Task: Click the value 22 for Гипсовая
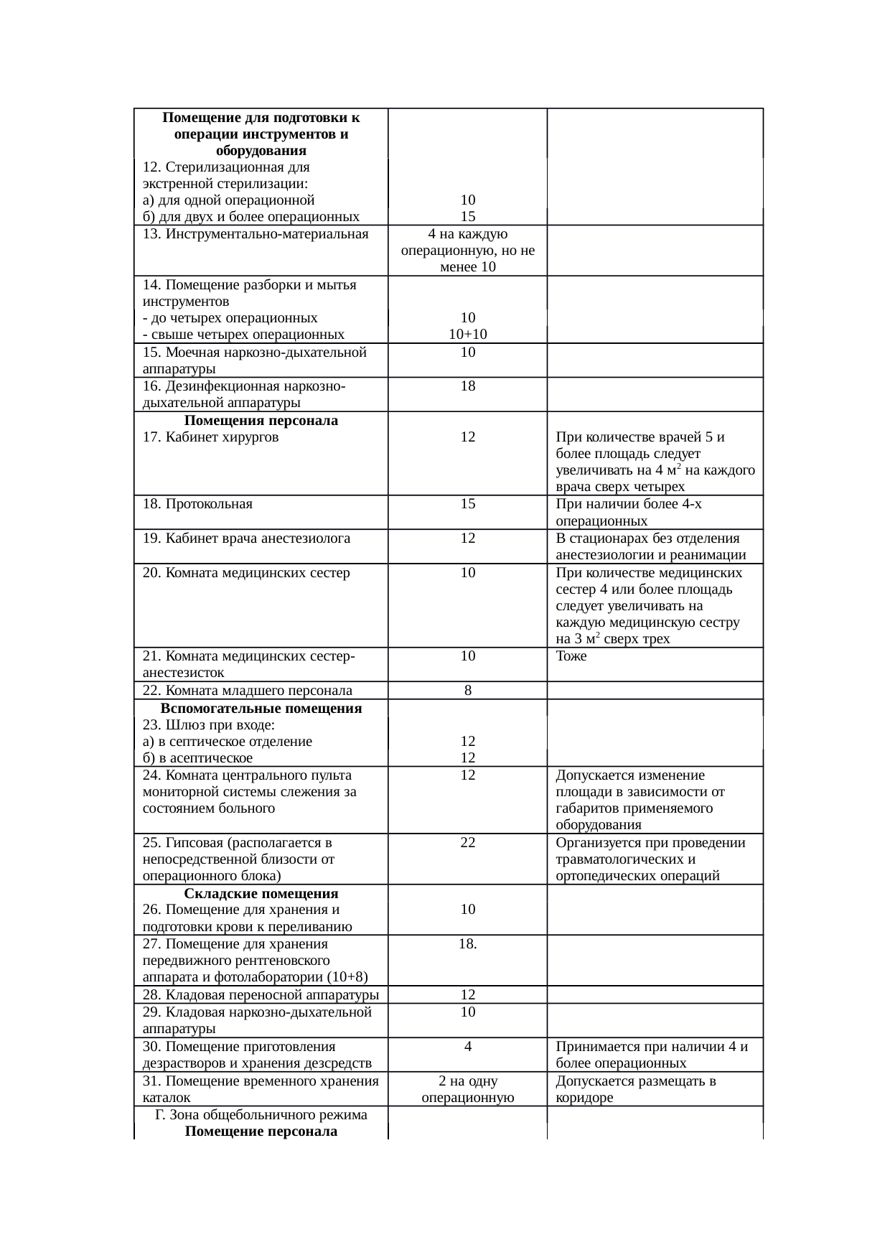click(x=467, y=842)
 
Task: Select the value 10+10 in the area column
click(x=467, y=334)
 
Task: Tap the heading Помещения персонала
click(x=261, y=420)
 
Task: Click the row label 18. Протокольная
click(x=197, y=504)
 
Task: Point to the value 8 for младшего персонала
click(x=467, y=691)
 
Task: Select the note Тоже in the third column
click(x=571, y=656)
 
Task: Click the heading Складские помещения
click(x=261, y=894)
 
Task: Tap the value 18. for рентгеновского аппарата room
click(x=467, y=944)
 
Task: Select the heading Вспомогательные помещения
click(x=261, y=709)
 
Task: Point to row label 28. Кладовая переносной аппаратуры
click(x=261, y=995)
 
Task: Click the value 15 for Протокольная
click(x=467, y=504)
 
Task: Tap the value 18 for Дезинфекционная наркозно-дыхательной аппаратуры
click(x=467, y=386)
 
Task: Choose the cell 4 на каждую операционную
click(x=467, y=251)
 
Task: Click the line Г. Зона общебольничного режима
click(x=261, y=1115)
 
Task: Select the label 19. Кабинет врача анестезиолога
click(x=246, y=538)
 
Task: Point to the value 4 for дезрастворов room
click(x=467, y=1047)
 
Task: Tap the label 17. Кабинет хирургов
click(x=211, y=437)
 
